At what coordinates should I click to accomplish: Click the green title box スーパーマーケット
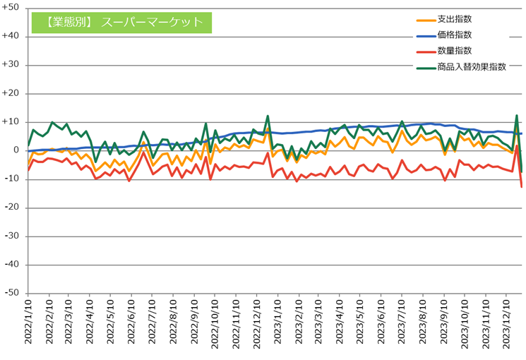(121, 22)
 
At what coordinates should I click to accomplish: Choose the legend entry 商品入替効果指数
(472, 67)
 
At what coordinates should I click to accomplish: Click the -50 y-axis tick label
(13, 293)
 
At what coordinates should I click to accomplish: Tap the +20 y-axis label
(12, 93)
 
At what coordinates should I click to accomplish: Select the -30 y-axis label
(13, 236)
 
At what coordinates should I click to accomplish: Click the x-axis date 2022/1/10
(29, 325)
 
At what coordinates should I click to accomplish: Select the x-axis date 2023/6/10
(381, 325)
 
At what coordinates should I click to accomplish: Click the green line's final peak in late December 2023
(517, 115)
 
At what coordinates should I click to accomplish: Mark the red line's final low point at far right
(522, 187)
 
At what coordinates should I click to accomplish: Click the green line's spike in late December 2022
(268, 116)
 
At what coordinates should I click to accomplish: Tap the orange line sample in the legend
(424, 19)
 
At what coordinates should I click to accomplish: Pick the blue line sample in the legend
(424, 35)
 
